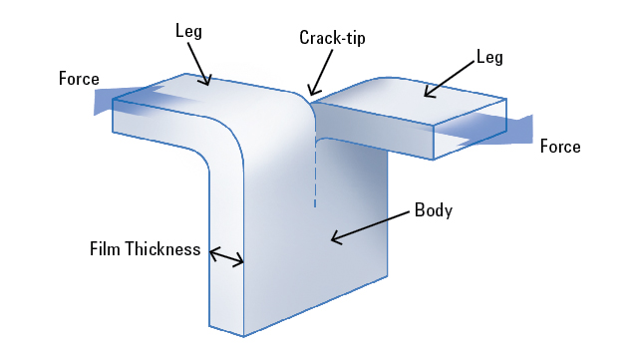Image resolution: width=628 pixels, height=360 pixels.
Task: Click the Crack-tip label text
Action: pos(333,38)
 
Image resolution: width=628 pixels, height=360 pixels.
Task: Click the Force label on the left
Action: pos(79,78)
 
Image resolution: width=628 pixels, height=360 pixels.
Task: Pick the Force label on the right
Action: pos(559,147)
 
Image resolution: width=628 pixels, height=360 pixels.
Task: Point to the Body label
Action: pos(433,210)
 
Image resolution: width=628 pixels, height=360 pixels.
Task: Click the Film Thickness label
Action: pos(146,248)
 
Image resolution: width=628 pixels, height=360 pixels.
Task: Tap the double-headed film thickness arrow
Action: pos(226,257)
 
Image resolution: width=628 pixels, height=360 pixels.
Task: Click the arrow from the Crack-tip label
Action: pos(320,75)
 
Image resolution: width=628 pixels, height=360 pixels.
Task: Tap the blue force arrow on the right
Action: pos(498,128)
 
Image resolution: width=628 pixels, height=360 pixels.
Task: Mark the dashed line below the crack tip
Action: pos(315,175)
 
